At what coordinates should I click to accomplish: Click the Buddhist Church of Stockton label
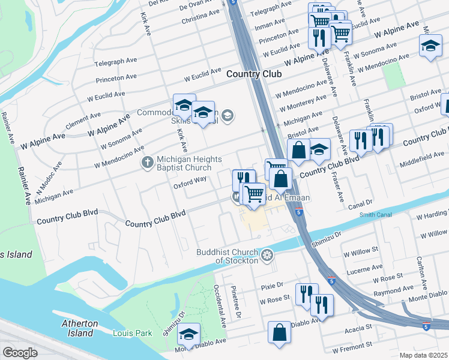tap(228, 256)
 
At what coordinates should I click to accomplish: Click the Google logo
tap(20, 353)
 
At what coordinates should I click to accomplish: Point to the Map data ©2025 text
tap(423, 355)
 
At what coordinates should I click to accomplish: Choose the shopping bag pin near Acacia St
tap(280, 334)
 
